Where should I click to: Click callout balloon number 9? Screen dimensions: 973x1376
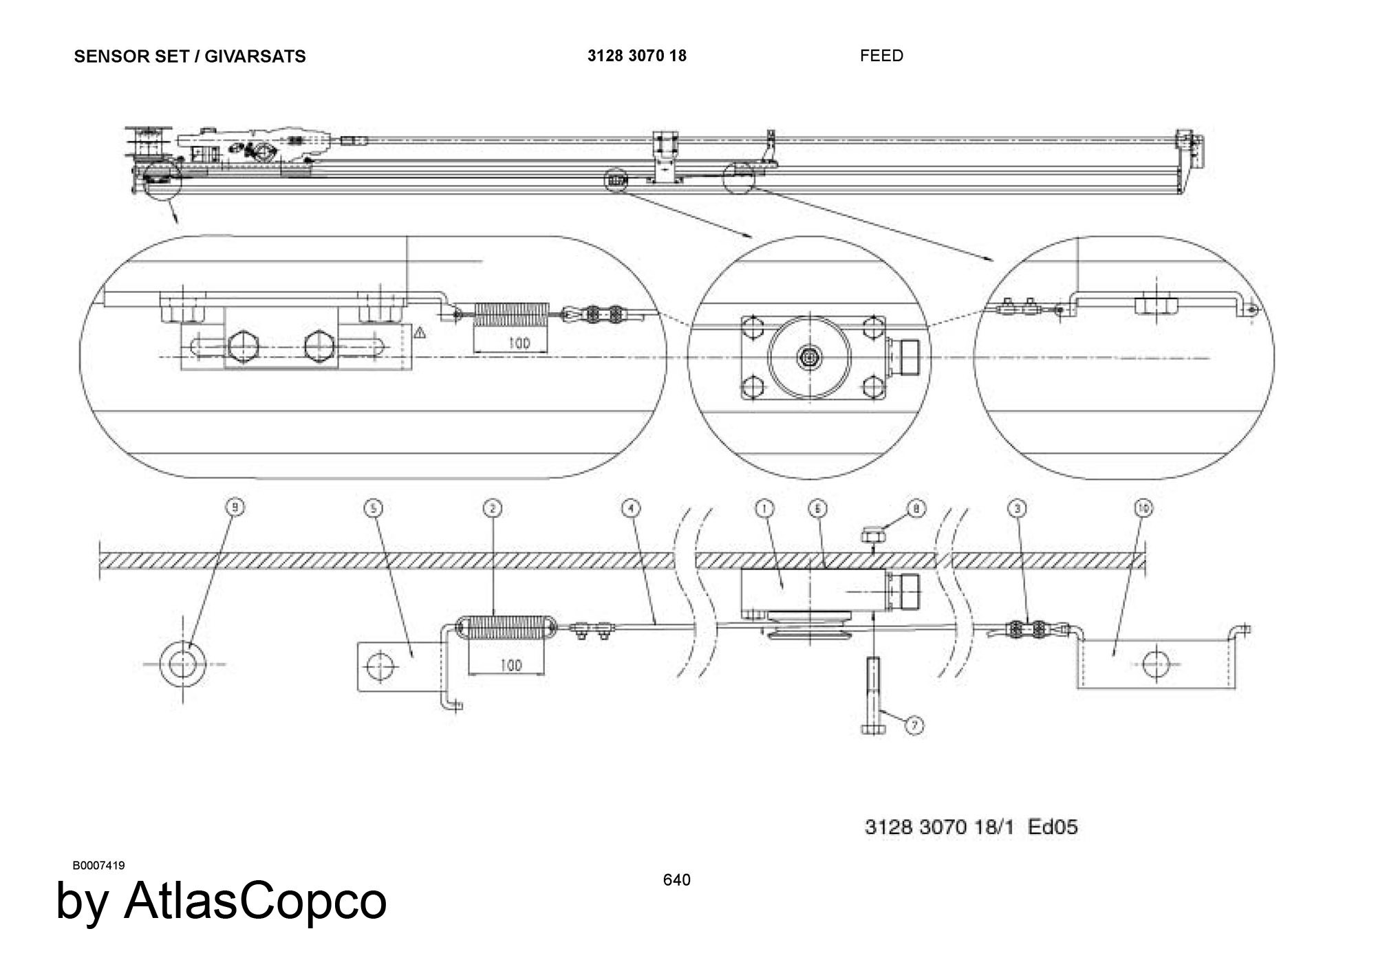click(x=235, y=507)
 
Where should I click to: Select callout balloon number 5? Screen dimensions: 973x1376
click(x=373, y=508)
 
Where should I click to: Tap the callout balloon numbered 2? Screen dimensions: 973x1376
click(x=493, y=508)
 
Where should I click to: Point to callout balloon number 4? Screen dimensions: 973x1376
click(x=630, y=508)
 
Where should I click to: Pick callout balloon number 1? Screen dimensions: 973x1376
click(x=764, y=508)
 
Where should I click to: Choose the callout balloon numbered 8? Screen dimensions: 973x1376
click(x=916, y=509)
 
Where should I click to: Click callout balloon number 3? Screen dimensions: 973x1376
click(x=1018, y=508)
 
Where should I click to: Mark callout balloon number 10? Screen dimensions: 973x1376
click(x=1143, y=508)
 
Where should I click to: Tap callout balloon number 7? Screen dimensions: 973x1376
click(x=914, y=725)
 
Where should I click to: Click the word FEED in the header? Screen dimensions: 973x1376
click(x=881, y=56)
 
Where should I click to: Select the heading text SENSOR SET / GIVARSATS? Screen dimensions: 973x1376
click(x=190, y=56)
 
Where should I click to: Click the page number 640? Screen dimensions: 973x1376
click(x=676, y=879)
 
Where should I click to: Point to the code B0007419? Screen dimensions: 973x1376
click(x=98, y=865)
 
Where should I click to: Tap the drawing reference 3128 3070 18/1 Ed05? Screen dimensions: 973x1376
click(x=971, y=827)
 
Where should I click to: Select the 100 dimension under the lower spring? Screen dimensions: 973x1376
click(x=510, y=665)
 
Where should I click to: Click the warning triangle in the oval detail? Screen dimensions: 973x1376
click(x=420, y=333)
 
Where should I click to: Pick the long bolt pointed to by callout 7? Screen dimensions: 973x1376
click(x=873, y=695)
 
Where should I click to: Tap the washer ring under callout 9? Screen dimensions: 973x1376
click(x=182, y=664)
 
